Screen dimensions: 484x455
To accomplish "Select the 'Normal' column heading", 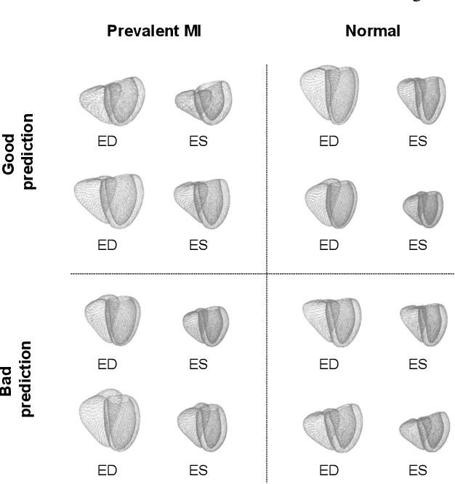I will click(373, 33).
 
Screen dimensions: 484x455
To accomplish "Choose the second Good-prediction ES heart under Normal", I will click(422, 209).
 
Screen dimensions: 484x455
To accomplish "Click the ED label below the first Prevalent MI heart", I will click(107, 142).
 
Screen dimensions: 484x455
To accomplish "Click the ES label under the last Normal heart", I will click(417, 469).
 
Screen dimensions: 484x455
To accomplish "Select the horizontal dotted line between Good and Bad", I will click(167, 274).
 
